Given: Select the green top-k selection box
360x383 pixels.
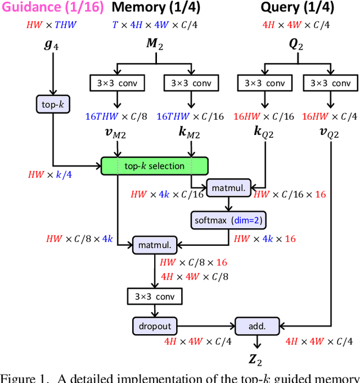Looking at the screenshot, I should [154, 166].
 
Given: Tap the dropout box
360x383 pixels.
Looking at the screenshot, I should [155, 326].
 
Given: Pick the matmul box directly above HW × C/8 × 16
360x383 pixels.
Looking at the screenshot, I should [155, 245].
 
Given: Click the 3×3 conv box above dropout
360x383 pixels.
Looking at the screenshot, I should [154, 296].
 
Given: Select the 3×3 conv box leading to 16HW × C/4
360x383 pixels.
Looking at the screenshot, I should [330, 83].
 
